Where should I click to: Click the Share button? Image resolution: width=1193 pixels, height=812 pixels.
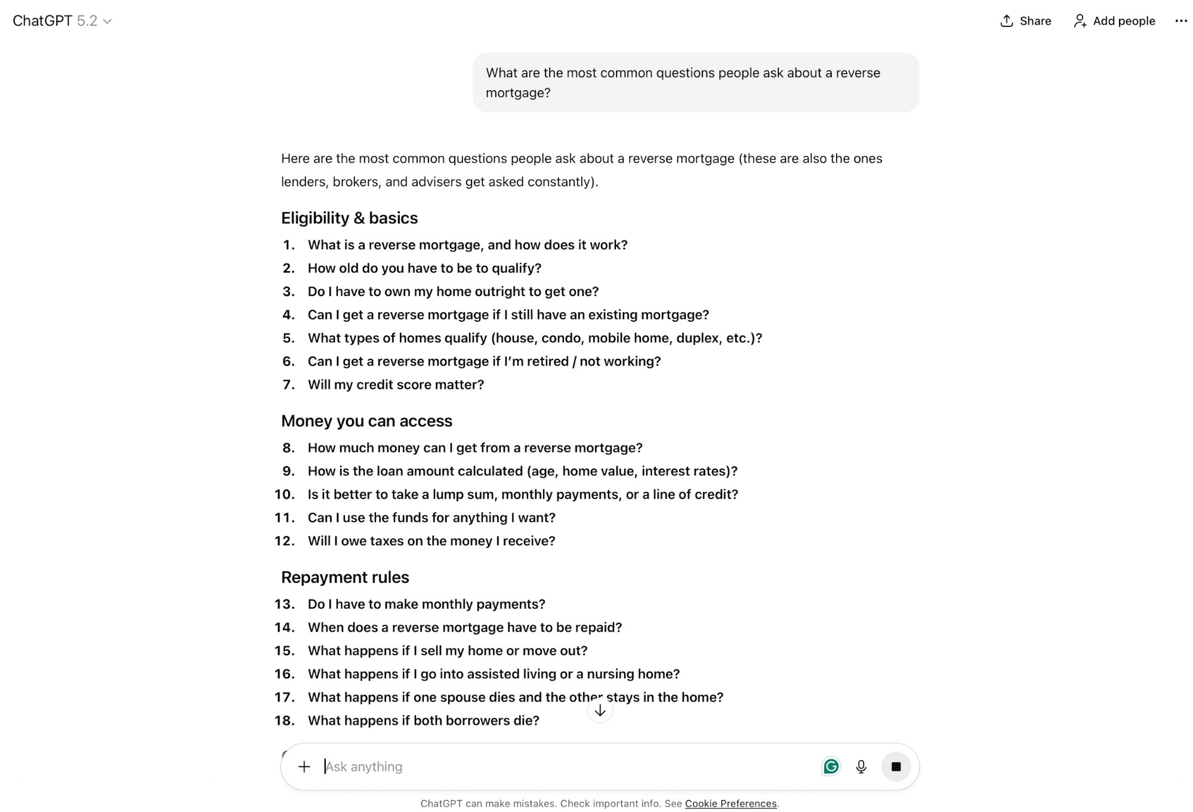pos(1025,21)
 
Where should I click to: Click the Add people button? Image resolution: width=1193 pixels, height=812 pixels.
pos(1114,21)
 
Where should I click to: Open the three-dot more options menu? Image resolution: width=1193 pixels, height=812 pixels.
pos(1180,21)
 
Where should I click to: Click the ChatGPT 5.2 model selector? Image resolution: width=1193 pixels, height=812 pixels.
pos(62,21)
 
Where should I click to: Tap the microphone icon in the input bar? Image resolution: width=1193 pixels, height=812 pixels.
pos(861,767)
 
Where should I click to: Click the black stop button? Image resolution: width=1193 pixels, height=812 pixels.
pos(896,767)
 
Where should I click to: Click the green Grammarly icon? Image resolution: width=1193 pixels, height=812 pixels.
pos(831,767)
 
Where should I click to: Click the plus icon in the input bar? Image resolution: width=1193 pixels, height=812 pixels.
pos(304,767)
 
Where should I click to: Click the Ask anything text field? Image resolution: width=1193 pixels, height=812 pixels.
pos(537,767)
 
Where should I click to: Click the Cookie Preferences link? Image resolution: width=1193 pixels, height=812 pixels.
pos(730,804)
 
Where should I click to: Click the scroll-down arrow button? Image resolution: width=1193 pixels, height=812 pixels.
pos(600,710)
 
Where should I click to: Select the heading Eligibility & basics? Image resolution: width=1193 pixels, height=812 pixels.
pos(349,218)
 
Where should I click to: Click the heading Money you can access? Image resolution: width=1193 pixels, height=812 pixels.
pos(366,421)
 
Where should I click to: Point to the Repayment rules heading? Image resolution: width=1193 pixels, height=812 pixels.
pos(345,577)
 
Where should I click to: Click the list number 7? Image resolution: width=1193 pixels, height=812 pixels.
pos(288,385)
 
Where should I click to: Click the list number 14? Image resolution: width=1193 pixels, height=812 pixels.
pos(284,628)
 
